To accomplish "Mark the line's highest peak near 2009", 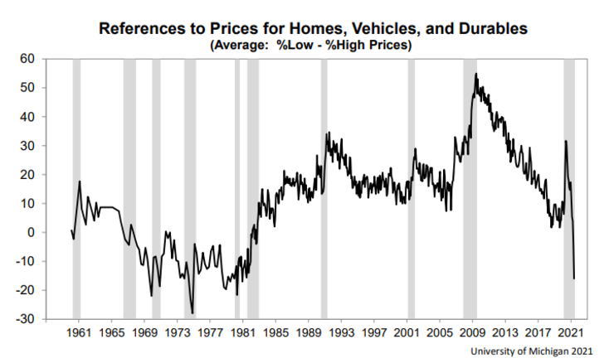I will [475, 74].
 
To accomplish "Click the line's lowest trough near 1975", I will [192, 313].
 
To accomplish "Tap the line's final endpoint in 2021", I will [574, 278].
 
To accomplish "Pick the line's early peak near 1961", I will [80, 181].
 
